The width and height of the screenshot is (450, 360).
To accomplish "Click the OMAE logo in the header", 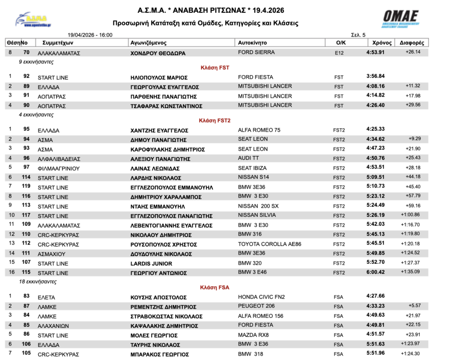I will pos(401,19).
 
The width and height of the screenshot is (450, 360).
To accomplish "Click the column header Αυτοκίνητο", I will pos(253,43).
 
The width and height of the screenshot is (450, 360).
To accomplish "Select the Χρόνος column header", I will pos(382,43).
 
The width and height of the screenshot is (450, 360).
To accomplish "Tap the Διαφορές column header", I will pos(412,43).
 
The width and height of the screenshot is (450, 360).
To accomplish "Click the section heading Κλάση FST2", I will pos(214,120).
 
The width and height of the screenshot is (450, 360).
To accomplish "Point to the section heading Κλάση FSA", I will pos(214,288).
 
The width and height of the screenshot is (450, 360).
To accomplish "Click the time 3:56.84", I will pos(375,76).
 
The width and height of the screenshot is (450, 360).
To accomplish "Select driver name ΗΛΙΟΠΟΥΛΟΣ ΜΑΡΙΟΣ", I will pos(159,77).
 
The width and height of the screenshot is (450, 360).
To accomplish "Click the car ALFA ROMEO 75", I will pos(259,130).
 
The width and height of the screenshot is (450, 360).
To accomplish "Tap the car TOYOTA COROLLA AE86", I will pos(269,244).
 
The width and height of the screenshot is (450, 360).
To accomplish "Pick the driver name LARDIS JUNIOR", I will pos(151,264).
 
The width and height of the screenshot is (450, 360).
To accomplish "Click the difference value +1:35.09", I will pos(410,272).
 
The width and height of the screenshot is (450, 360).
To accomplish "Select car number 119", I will pos(26,187).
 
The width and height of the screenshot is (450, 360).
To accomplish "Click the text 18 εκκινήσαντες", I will pos(38,281).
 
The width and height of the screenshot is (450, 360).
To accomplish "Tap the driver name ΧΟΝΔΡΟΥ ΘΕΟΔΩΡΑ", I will pos(158,53).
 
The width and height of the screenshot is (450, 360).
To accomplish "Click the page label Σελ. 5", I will pos(358,35).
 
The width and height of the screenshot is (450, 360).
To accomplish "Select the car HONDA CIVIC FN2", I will pos(261,297).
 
